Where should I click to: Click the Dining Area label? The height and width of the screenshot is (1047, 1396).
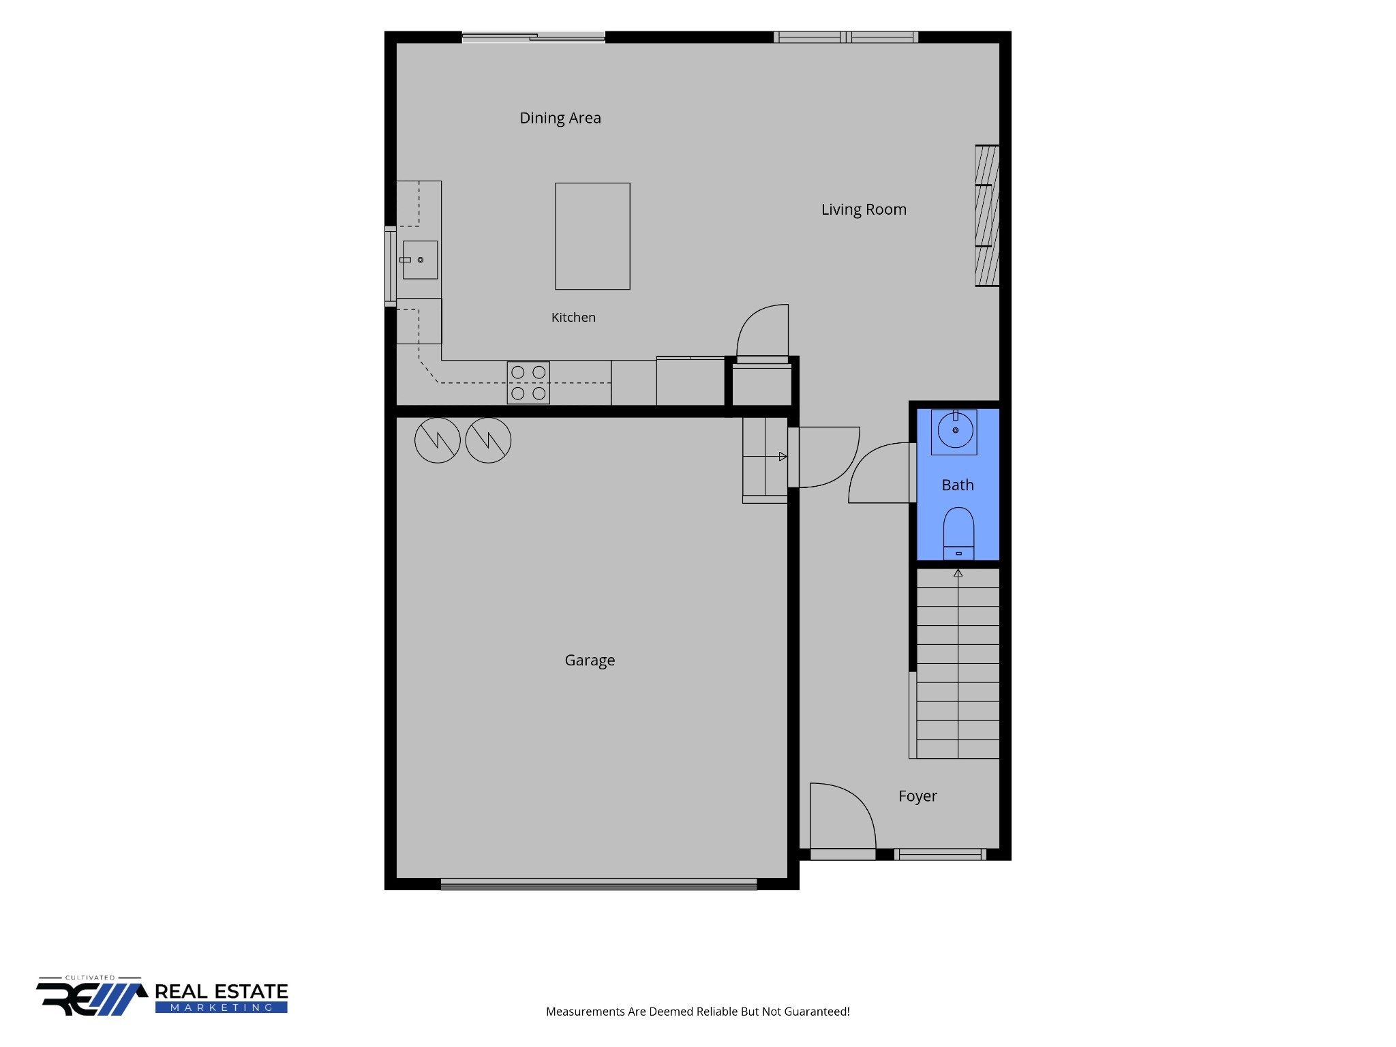click(x=560, y=118)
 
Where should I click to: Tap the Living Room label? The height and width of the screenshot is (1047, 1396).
click(x=864, y=209)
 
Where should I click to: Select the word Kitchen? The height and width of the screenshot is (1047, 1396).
click(x=573, y=317)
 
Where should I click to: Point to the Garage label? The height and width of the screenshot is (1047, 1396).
click(x=590, y=661)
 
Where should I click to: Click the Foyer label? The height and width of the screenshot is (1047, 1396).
click(x=917, y=796)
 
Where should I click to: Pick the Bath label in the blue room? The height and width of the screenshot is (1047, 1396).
click(x=958, y=485)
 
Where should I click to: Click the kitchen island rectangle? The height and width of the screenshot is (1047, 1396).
click(x=592, y=236)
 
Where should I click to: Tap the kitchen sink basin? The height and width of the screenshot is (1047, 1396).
click(x=420, y=260)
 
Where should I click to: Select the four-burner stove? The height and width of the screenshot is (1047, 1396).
click(x=528, y=382)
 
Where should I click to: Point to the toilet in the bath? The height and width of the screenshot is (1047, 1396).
click(x=958, y=534)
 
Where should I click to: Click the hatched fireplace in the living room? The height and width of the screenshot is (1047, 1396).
click(x=987, y=215)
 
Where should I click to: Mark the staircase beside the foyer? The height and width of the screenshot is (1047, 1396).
click(x=958, y=663)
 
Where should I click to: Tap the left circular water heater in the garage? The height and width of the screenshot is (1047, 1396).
click(x=438, y=440)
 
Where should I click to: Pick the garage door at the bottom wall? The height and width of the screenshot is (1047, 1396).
click(x=598, y=884)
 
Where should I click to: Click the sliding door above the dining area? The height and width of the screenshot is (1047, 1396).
click(x=533, y=37)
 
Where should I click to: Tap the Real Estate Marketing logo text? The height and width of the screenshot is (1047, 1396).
click(x=222, y=997)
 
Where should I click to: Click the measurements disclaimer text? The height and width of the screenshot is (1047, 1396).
click(x=698, y=1012)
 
